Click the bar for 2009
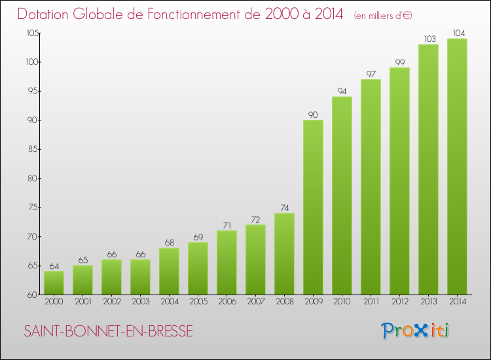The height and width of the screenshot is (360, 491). pos(313,207)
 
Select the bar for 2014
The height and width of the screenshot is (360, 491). pos(457,167)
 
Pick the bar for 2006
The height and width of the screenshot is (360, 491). pos(227,262)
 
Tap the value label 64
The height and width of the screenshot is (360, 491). pos(54,266)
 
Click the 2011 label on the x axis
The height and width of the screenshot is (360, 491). pos(371,302)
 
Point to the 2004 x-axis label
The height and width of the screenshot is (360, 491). pos(169,302)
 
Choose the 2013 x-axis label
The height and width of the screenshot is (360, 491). pos(428,302)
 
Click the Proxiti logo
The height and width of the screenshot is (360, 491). pos(414,331)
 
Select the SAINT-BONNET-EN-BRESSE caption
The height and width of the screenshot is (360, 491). pos(109,331)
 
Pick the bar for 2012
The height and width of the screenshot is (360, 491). pos(399,181)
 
